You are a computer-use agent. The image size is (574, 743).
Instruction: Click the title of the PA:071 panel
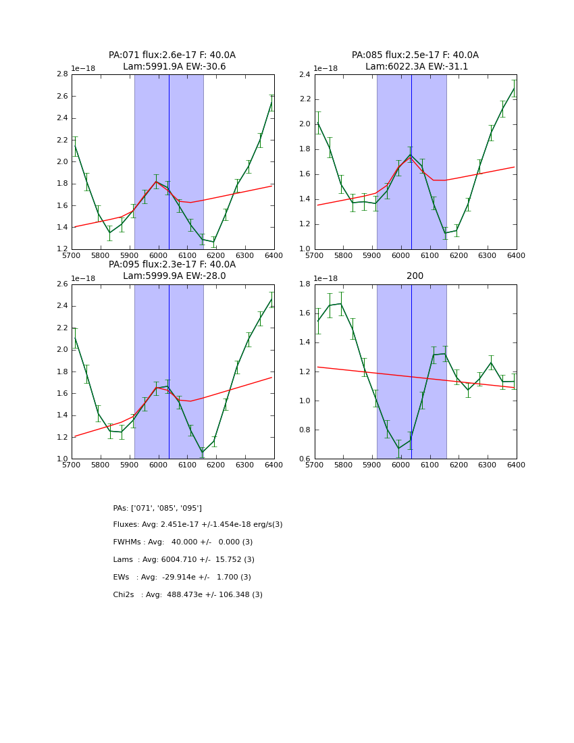(x=172, y=61)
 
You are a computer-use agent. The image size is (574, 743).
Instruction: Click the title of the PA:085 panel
(x=415, y=61)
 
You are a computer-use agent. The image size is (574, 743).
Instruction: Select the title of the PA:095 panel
(x=172, y=270)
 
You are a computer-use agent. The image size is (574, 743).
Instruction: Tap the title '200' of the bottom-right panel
(x=415, y=276)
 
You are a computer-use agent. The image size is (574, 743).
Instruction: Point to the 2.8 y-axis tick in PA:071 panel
(x=61, y=74)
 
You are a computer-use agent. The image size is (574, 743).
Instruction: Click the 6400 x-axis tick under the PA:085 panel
(x=516, y=255)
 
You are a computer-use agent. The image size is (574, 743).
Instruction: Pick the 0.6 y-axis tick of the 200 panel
(x=305, y=459)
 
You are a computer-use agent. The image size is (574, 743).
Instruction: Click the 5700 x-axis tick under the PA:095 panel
(x=72, y=465)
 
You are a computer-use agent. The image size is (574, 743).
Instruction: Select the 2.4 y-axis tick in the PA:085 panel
(x=305, y=74)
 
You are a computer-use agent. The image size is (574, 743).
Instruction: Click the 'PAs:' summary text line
(x=157, y=508)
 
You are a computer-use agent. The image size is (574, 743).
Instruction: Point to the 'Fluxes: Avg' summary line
(x=198, y=525)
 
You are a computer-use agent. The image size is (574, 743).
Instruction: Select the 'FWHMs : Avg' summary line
(x=183, y=542)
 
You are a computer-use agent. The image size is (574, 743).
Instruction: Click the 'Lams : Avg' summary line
(x=184, y=560)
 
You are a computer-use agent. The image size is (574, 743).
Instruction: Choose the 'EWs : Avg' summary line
(x=182, y=578)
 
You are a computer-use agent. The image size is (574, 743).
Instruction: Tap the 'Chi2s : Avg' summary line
(x=188, y=595)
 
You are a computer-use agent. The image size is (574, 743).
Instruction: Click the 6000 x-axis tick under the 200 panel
(x=401, y=465)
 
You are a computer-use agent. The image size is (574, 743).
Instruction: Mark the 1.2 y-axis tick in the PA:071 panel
(x=61, y=249)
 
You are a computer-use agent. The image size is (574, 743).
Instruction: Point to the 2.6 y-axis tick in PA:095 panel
(x=61, y=284)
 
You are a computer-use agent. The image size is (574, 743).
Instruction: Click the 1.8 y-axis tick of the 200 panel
(x=305, y=284)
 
